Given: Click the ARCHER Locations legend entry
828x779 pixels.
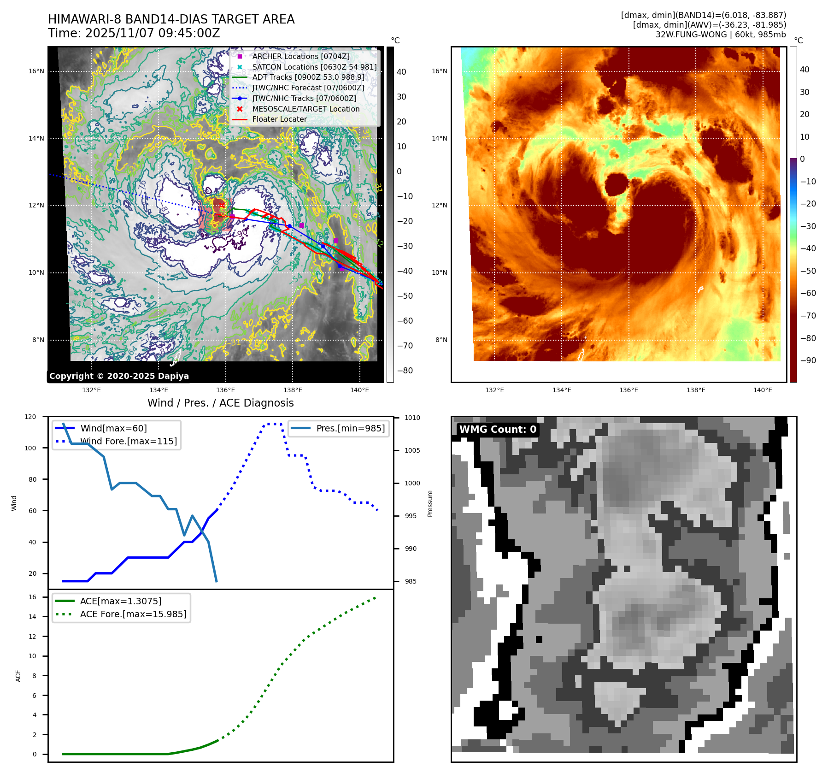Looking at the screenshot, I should pyautogui.click(x=300, y=56).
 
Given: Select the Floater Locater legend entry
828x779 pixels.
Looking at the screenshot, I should pyautogui.click(x=279, y=119).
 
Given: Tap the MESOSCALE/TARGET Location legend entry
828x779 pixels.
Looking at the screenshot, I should pyautogui.click(x=305, y=109).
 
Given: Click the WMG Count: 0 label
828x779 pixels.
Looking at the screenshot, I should pyautogui.click(x=498, y=430).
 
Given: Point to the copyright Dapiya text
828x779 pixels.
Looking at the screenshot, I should pyautogui.click(x=119, y=376).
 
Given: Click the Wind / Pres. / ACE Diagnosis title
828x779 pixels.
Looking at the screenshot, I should pyautogui.click(x=220, y=403).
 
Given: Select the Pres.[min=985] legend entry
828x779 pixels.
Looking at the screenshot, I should pyautogui.click(x=350, y=428).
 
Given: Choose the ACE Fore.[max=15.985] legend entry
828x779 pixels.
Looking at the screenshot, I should pyautogui.click(x=133, y=614).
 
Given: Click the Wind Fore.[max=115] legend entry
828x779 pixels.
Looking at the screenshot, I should pyautogui.click(x=128, y=441).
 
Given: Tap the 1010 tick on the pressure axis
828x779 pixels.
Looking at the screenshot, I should pyautogui.click(x=412, y=418).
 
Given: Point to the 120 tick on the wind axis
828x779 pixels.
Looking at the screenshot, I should pyautogui.click(x=30, y=417).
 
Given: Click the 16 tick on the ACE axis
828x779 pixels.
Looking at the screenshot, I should pyautogui.click(x=32, y=597).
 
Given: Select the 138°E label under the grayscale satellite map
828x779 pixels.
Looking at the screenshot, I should pyautogui.click(x=293, y=390).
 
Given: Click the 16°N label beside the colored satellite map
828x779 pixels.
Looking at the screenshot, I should pyautogui.click(x=439, y=71).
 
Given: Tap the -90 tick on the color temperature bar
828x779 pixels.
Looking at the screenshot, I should pyautogui.click(x=808, y=360).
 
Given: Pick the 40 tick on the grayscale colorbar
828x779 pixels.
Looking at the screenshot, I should pyautogui.click(x=401, y=72).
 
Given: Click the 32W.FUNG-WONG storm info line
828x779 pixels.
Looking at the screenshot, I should pyautogui.click(x=720, y=35).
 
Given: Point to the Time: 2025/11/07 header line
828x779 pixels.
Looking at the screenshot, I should pyautogui.click(x=134, y=33).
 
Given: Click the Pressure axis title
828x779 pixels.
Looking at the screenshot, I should pyautogui.click(x=430, y=503).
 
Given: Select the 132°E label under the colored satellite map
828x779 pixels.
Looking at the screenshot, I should pyautogui.click(x=494, y=390).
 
